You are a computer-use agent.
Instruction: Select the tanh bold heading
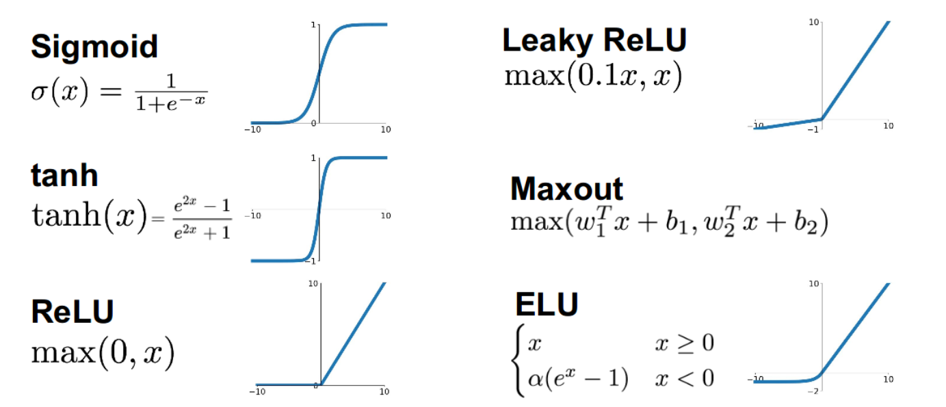(64, 175)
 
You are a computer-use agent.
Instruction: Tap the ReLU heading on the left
(73, 312)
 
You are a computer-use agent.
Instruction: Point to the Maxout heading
(566, 189)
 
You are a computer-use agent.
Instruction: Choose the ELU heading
(547, 304)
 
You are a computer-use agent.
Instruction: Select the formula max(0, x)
(103, 352)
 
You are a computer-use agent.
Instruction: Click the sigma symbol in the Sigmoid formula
(38, 92)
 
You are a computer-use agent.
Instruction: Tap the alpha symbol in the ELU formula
(536, 379)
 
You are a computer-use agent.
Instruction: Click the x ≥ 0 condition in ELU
(684, 343)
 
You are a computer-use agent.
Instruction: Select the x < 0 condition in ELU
(684, 378)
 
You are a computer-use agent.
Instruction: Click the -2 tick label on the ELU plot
(813, 392)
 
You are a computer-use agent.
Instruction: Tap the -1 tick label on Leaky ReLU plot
(813, 129)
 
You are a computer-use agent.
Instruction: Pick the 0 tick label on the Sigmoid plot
(313, 123)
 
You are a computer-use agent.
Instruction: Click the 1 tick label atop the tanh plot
(313, 158)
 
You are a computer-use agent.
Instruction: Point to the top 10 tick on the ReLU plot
(313, 284)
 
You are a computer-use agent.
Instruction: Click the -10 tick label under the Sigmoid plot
(252, 129)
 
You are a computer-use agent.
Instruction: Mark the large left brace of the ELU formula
(518, 360)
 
